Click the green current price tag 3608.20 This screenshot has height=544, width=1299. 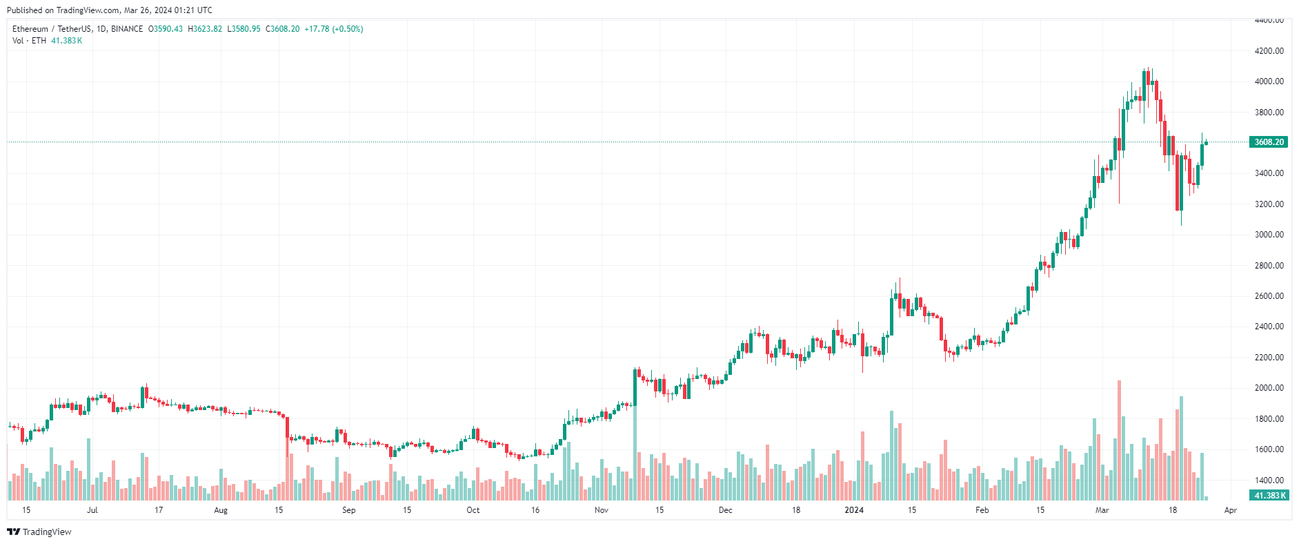coord(1269,142)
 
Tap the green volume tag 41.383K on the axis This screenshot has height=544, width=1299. coord(1269,496)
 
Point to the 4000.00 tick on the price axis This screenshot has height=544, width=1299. coord(1269,81)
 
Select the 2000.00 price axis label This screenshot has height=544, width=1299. coord(1269,388)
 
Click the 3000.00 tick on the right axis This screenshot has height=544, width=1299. coord(1269,235)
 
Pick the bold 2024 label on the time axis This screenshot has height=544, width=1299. coord(854,510)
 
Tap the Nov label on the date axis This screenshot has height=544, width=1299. coord(602,510)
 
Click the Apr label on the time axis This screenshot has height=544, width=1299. coord(1231,510)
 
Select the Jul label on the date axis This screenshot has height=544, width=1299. coord(92,510)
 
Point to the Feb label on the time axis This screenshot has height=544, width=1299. coord(982,510)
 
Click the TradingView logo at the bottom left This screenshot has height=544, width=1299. coord(39,532)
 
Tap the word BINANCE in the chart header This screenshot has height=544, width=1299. coord(127,29)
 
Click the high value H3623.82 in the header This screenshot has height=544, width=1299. coord(205,29)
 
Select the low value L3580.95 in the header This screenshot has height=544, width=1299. coord(244,29)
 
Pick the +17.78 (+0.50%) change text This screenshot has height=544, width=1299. coord(334,29)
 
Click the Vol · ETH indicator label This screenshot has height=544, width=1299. coord(29,41)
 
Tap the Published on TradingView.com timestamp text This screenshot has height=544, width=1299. coord(110,10)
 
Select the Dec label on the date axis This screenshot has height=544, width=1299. coord(726,510)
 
